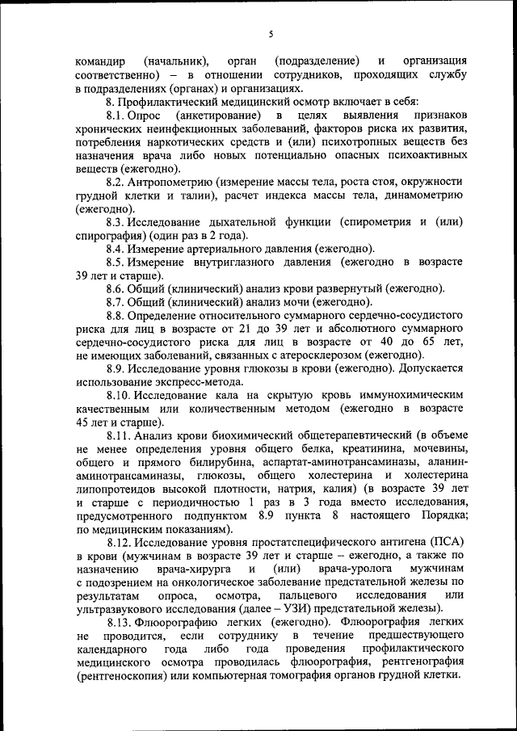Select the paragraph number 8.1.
pyautogui.click(x=119, y=116)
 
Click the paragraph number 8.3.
pyautogui.click(x=119, y=222)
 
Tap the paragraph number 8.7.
pyautogui.click(x=119, y=302)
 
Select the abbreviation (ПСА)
pyautogui.click(x=447, y=541)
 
